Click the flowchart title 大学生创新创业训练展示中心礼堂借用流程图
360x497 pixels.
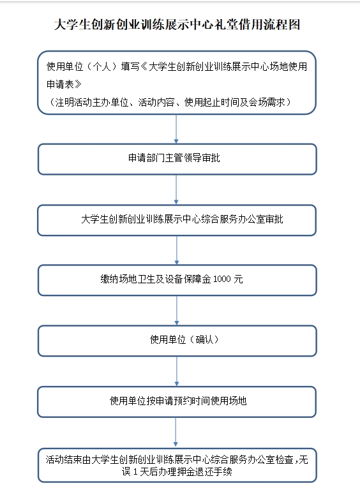177,24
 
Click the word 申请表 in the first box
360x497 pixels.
60,84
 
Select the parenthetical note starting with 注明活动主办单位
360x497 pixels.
170,102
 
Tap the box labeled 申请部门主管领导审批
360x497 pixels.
177,159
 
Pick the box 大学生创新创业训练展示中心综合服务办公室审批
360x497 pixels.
177,220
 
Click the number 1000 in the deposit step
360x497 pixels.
222,279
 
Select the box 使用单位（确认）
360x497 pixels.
177,341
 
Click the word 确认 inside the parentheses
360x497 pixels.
205,340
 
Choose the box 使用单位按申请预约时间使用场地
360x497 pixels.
177,401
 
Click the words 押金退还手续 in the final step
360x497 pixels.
205,471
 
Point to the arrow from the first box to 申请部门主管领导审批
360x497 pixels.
176,129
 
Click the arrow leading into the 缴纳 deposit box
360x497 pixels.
177,250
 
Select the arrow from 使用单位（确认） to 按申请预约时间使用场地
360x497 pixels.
177,371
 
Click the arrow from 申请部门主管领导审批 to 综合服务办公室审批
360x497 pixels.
176,189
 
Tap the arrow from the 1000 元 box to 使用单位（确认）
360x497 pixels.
177,311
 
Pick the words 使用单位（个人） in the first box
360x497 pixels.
83,66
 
